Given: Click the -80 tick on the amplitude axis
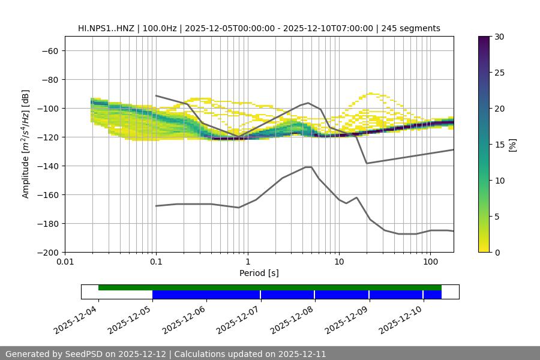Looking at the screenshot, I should [x=49, y=79].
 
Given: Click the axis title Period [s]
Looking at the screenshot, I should [x=259, y=273].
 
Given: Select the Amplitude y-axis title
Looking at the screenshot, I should [x=26, y=144].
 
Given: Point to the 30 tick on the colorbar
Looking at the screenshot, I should [x=499, y=37].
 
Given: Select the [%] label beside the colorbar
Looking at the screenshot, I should [x=512, y=144].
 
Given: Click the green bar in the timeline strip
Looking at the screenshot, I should [x=270, y=287].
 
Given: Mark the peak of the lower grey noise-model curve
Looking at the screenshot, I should [x=308, y=167].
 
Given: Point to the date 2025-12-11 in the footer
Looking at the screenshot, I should [x=301, y=354].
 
